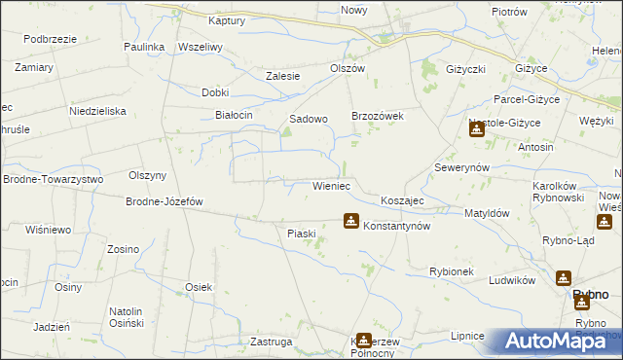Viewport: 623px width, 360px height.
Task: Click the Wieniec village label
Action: click(x=331, y=185)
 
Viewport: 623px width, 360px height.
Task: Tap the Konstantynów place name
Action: click(x=396, y=225)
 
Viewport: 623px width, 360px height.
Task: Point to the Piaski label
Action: click(x=302, y=233)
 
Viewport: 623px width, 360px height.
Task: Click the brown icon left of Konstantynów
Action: click(x=350, y=222)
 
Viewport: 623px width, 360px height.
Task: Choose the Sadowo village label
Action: click(x=309, y=119)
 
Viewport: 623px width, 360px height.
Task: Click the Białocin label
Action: click(x=234, y=115)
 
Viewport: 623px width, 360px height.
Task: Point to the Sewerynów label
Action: click(x=461, y=167)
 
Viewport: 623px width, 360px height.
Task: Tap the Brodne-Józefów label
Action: click(x=164, y=202)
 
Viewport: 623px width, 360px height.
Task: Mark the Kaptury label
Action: click(x=227, y=19)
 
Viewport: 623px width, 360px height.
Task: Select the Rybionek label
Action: click(x=451, y=271)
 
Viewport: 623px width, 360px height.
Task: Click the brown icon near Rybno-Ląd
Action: click(x=604, y=223)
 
